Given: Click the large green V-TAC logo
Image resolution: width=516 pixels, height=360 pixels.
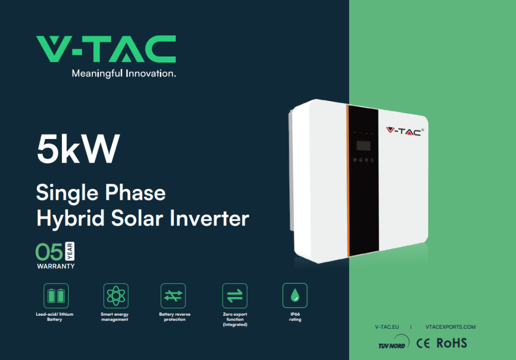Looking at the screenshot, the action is point(106,49).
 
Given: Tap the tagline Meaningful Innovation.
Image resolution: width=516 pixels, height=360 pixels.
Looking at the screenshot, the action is point(124,74).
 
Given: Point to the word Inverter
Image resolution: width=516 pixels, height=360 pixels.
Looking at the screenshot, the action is point(209,219).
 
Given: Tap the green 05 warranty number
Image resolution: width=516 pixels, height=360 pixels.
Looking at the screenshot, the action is point(49,252).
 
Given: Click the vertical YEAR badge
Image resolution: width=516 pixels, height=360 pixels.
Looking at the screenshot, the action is point(70,251).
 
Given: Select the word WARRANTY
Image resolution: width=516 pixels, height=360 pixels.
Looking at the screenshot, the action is point(56,266).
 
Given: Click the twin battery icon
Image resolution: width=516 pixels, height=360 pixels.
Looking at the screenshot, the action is point(56,296).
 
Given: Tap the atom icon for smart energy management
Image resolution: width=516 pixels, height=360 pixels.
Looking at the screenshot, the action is point(116,296).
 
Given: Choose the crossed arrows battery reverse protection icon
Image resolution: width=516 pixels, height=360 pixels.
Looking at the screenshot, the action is point(173,296).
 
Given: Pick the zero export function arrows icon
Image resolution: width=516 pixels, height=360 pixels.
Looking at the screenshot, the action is point(235,296).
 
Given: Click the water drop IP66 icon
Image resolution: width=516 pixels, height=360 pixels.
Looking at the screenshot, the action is point(295,295).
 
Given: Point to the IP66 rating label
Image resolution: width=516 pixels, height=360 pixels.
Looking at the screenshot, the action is point(295,317).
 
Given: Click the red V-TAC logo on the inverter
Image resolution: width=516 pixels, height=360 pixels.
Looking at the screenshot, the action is point(405,131).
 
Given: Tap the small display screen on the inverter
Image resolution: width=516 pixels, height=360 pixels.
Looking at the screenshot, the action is point(363,146).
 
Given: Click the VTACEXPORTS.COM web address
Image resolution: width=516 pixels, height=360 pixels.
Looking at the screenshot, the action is point(450,327).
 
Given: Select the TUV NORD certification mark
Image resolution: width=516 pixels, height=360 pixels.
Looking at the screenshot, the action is point(394,342).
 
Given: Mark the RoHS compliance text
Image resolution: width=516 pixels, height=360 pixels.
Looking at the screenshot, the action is point(451,343).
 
